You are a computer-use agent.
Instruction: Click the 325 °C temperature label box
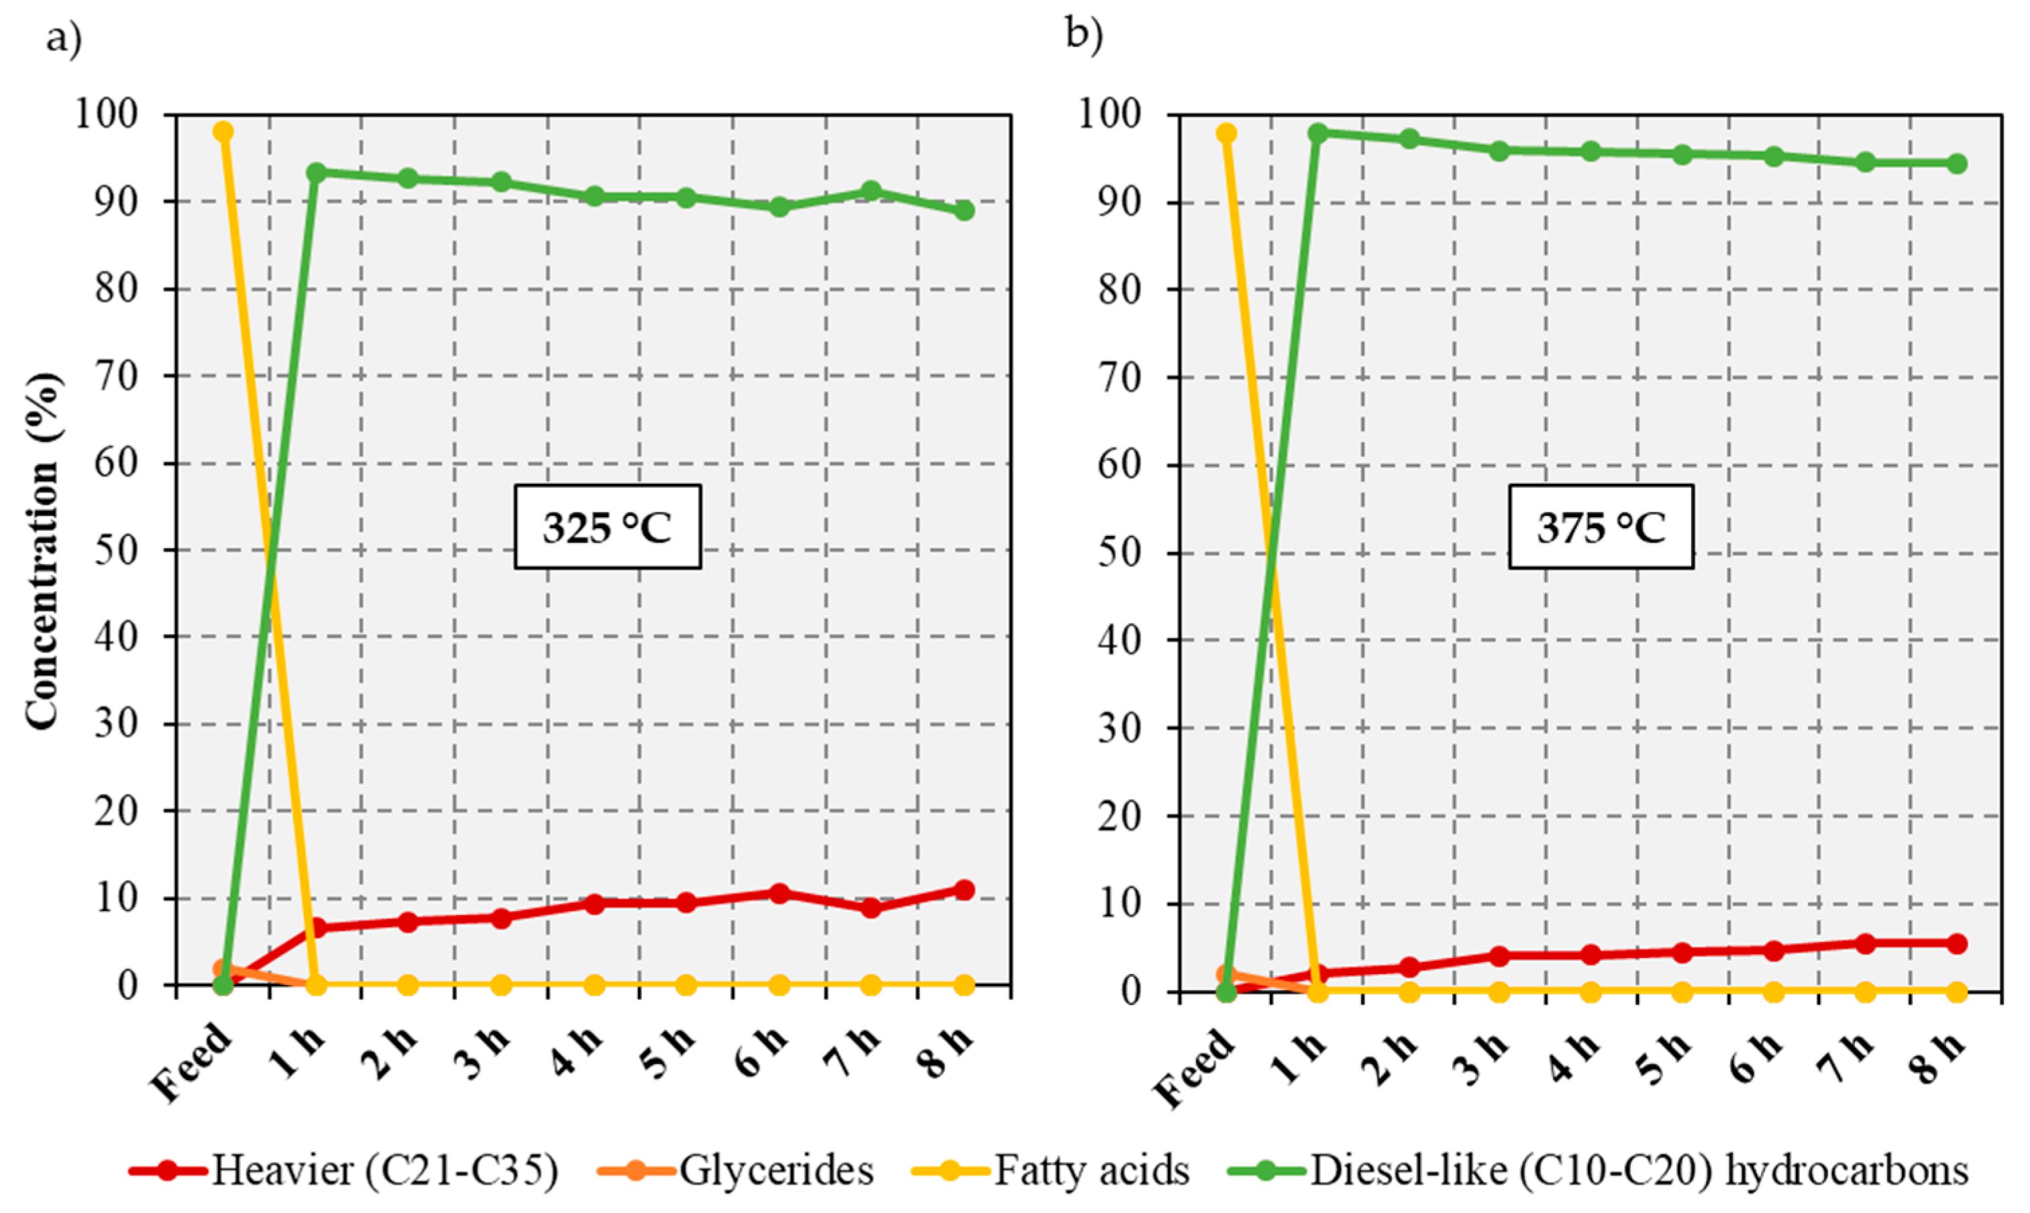click(x=607, y=527)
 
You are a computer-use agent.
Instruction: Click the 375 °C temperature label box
click(x=1600, y=527)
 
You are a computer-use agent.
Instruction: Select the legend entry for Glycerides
click(x=776, y=1171)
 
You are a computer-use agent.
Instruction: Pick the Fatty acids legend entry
click(x=1091, y=1171)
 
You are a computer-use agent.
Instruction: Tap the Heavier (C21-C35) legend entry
click(x=385, y=1171)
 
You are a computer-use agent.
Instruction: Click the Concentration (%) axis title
click(x=42, y=550)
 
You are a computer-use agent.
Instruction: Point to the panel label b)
click(x=1085, y=34)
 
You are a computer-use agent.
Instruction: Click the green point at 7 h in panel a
click(x=871, y=191)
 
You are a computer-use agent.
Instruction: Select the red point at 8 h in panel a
click(x=964, y=890)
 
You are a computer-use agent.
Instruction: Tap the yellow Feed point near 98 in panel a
click(x=223, y=131)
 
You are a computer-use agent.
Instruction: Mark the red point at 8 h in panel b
click(x=1956, y=943)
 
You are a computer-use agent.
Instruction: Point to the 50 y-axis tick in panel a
click(x=117, y=549)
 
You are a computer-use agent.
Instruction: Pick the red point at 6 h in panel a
click(x=779, y=894)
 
